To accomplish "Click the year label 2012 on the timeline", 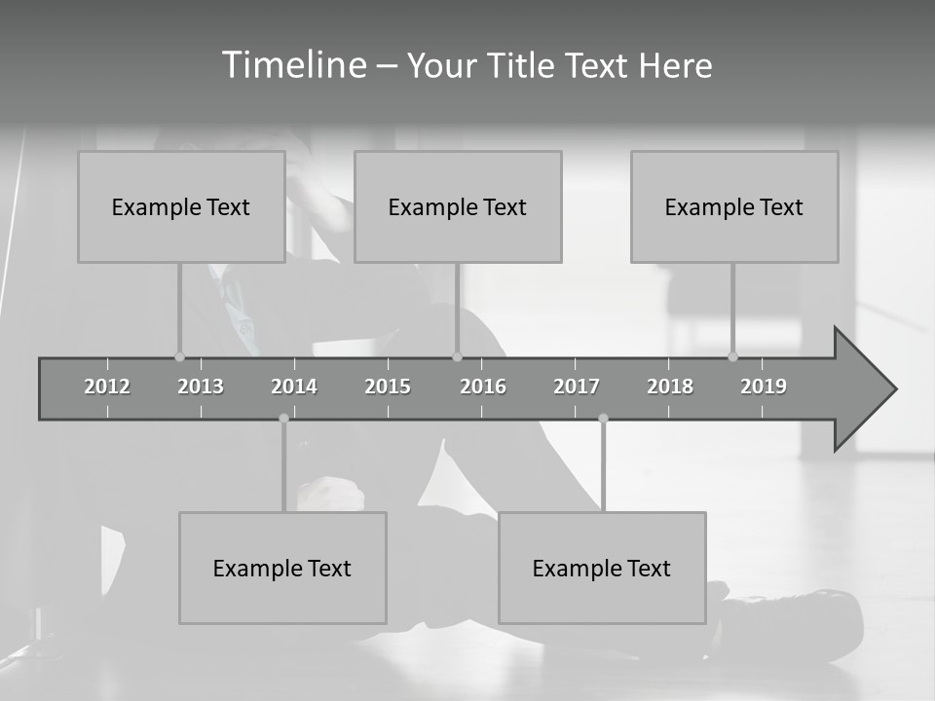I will pos(107,387).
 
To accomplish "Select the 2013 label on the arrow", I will pos(201,387).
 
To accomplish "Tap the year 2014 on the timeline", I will pos(294,387).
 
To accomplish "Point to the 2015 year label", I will pos(388,387).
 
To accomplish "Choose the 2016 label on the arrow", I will pos(483,387).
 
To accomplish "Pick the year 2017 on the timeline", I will pos(577,387).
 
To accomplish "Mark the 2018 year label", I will pos(670,387).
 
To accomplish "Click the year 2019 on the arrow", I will pos(764,387).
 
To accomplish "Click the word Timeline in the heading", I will pos(293,65).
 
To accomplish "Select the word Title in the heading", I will pos(522,66).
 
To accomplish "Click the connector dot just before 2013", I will pos(179,357).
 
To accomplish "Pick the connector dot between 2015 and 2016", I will pos(457,357).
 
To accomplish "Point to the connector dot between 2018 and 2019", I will pos(732,357).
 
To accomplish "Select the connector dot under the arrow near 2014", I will pos(283,419).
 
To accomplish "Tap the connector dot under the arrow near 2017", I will pos(603,419).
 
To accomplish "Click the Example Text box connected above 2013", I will pos(181,206).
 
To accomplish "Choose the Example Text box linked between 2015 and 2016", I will pos(458,206).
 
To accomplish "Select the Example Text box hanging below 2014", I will pos(282,568).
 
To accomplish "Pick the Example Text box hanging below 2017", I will pos(602,568).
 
